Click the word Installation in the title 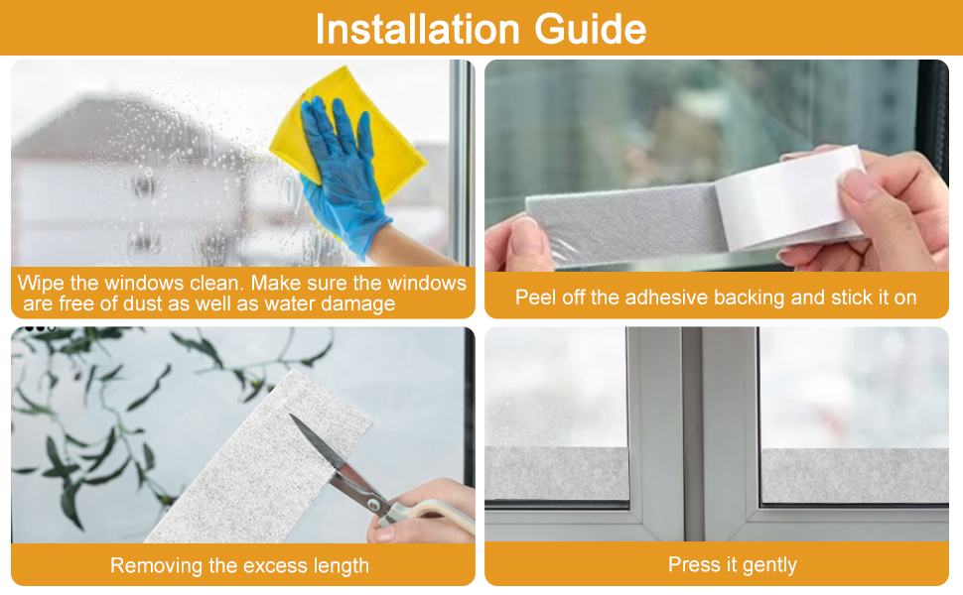pyautogui.click(x=417, y=29)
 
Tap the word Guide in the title pyautogui.click(x=590, y=29)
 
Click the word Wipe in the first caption pyautogui.click(x=40, y=283)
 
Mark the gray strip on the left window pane pyautogui.click(x=556, y=474)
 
